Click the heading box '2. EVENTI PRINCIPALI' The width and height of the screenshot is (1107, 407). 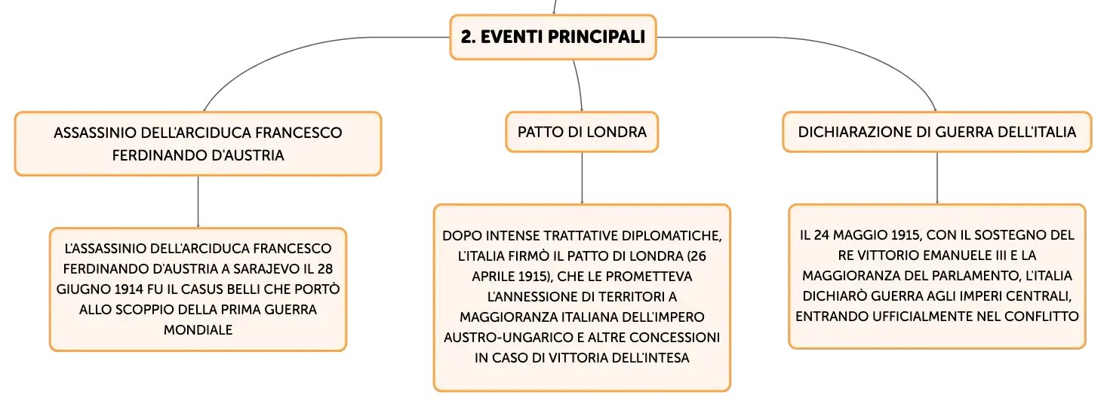(x=553, y=37)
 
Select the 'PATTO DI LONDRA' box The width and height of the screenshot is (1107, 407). (x=582, y=132)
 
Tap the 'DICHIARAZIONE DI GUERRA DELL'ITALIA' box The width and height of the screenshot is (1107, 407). (x=937, y=132)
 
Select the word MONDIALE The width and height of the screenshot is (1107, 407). (x=198, y=330)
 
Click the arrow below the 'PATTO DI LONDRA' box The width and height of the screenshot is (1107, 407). (x=582, y=178)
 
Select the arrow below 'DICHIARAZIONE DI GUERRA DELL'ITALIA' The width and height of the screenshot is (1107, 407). (x=937, y=178)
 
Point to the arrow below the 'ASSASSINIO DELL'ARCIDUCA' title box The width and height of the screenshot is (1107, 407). (x=198, y=202)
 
